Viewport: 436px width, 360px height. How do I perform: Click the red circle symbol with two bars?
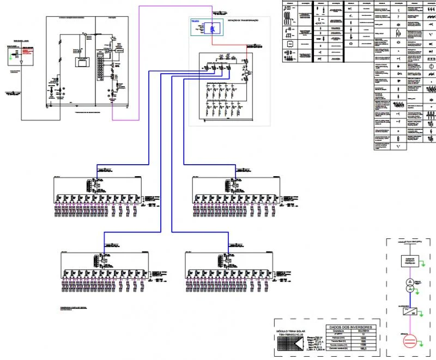pos(409,341)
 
